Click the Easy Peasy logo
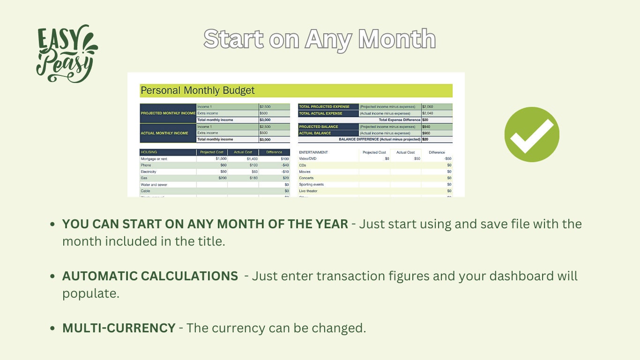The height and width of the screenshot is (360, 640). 66,53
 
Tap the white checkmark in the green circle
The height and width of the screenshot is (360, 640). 532,135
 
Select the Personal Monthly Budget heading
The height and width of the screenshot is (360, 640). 197,90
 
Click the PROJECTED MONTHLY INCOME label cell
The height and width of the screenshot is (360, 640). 168,113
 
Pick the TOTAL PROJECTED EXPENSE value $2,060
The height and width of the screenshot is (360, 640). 427,107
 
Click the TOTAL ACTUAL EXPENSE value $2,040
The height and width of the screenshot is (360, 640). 427,113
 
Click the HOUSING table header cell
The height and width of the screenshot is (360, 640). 149,152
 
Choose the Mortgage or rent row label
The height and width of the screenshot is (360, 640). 154,159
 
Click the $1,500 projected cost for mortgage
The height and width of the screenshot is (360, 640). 221,159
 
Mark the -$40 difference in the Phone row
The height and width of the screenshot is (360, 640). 285,165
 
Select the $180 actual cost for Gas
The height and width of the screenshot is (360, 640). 253,178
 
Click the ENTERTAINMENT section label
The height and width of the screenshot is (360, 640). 313,152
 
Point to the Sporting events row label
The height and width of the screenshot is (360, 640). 311,185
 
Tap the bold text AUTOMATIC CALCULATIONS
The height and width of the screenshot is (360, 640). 150,276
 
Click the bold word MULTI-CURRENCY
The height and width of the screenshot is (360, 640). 119,328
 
